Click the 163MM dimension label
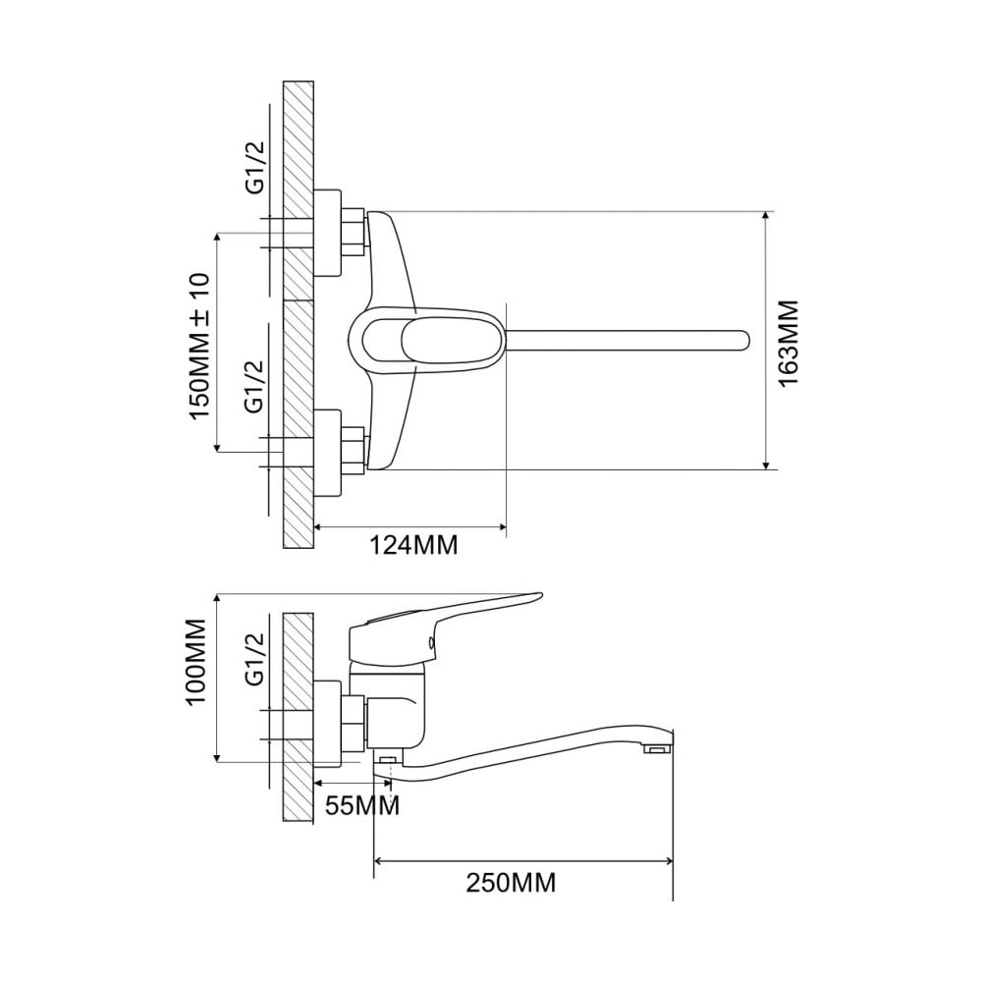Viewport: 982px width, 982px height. pos(790,344)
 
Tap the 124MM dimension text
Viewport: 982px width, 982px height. pos(412,545)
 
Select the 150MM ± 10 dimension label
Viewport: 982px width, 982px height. pos(199,347)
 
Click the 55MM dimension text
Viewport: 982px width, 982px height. pos(362,805)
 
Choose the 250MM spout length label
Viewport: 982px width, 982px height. pos(511,883)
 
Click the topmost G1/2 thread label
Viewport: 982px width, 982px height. pos(255,168)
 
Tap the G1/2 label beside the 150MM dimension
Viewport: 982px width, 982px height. pos(255,386)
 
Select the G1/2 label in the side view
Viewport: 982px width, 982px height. pos(255,659)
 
